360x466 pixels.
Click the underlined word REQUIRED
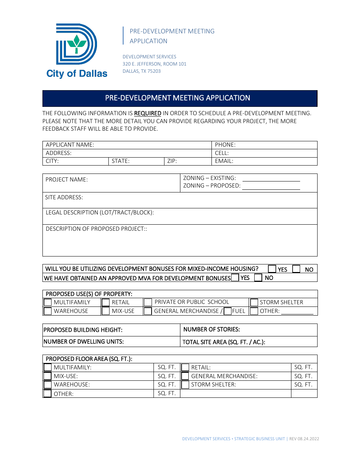pos(148,113)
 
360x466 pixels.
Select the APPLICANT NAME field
pos(152,145)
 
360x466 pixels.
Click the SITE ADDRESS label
pos(64,197)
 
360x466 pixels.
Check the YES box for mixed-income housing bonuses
pos(272,269)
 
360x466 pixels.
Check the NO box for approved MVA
pos(258,278)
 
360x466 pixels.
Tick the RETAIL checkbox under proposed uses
pos(106,302)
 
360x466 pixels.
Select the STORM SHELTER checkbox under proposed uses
pos(254,302)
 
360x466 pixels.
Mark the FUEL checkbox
pos(227,311)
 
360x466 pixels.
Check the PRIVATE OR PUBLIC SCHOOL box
pos(147,302)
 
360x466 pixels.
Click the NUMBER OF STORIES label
pos(211,330)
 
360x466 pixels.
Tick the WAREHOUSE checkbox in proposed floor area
pos(47,385)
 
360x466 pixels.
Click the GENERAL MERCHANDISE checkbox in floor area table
pos(185,376)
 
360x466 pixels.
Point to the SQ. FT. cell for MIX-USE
pos(167,376)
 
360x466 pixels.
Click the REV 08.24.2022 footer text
pos(304,439)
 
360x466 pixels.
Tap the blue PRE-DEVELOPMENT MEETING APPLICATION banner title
pos(177,98)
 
